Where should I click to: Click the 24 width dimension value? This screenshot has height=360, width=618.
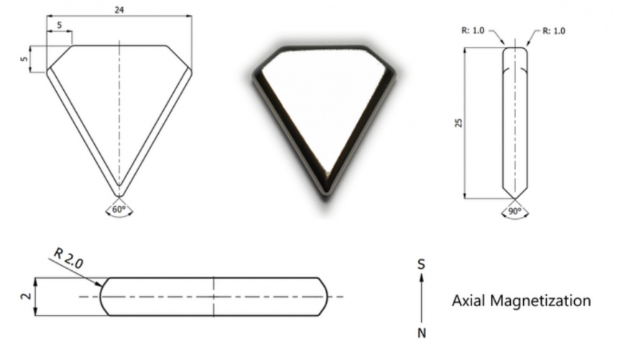tap(119, 10)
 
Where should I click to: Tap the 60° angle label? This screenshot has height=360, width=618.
tap(119, 210)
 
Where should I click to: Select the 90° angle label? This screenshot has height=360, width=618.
tap(515, 211)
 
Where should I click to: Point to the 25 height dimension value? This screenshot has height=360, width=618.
tap(458, 123)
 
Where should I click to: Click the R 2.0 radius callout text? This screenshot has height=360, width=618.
tap(68, 259)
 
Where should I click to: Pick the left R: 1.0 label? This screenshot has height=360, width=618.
tap(473, 30)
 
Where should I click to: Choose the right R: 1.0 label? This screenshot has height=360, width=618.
tap(554, 31)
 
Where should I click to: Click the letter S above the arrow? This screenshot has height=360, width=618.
tap(421, 264)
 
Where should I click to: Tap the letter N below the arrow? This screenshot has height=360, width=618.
tap(422, 333)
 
